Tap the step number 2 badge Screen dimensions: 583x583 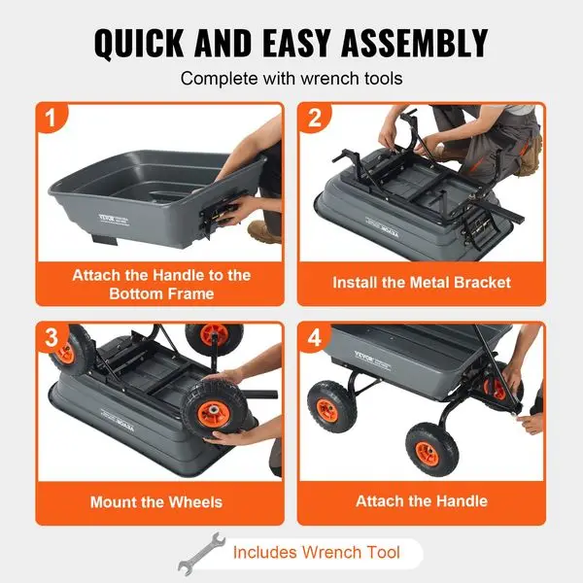coord(313,121)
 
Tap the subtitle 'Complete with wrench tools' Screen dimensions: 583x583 coord(291,79)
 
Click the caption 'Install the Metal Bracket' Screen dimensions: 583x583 coord(421,283)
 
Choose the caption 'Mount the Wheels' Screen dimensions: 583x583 coord(156,502)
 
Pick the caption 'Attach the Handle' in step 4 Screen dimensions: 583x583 coord(421,501)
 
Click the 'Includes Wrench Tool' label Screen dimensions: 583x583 coord(316,553)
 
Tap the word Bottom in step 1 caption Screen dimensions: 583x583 coord(129,292)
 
